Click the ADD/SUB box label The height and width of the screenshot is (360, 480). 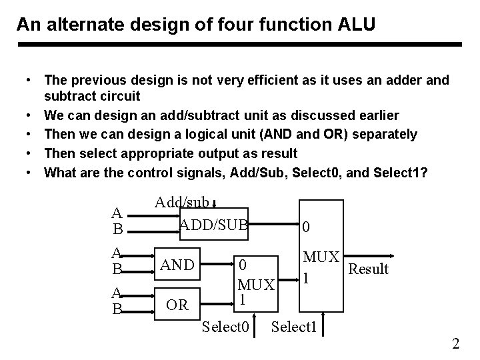pyautogui.click(x=213, y=225)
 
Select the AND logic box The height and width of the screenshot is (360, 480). pyautogui.click(x=176, y=265)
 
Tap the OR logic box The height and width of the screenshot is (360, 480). pyautogui.click(x=176, y=305)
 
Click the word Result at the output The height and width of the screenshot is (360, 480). pyautogui.click(x=369, y=269)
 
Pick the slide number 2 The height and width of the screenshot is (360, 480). pyautogui.click(x=455, y=344)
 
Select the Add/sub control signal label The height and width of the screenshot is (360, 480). pyautogui.click(x=181, y=202)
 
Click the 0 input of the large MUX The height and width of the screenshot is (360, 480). pyautogui.click(x=305, y=228)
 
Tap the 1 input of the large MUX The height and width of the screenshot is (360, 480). pyautogui.click(x=305, y=277)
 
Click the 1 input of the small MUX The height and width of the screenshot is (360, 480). pyautogui.click(x=243, y=301)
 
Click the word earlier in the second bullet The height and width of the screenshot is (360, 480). pyautogui.click(x=374, y=115)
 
